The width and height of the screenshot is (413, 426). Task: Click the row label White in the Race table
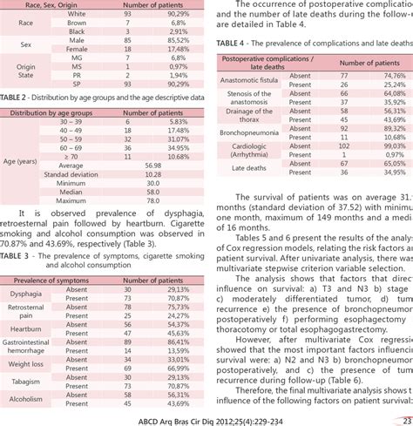coord(76,13)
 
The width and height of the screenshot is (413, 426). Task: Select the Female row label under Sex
coord(76,50)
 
